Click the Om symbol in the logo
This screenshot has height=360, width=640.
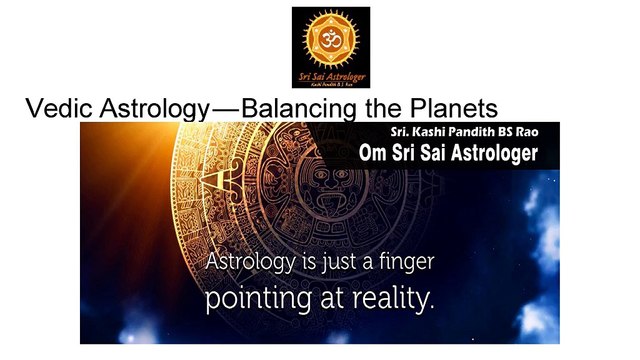(330, 37)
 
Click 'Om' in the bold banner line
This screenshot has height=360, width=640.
(373, 153)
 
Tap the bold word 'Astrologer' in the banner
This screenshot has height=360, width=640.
(490, 153)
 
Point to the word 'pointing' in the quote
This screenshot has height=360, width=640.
(248, 299)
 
